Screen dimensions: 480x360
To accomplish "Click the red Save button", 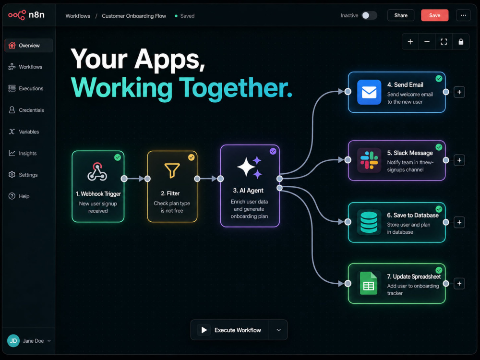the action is (x=434, y=15).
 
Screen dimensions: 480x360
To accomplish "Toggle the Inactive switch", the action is (x=369, y=15).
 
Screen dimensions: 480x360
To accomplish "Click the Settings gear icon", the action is (x=12, y=175).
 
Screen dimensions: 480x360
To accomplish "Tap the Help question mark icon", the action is (x=12, y=196).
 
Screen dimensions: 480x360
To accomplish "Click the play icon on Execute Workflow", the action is (x=204, y=330).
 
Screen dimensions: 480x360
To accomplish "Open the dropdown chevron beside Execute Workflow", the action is (x=278, y=330).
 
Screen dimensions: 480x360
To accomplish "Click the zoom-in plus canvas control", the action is (x=410, y=42).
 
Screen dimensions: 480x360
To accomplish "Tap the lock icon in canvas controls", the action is (x=461, y=42).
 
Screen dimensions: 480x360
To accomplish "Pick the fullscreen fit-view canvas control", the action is (x=444, y=42).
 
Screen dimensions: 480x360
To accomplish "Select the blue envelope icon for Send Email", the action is (x=369, y=92).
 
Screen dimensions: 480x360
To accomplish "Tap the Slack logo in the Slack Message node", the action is (x=369, y=160).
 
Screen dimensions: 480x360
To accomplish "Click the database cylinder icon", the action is (x=369, y=222).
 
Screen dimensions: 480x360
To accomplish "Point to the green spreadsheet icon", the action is (x=369, y=283).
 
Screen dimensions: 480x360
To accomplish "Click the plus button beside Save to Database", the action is (x=459, y=222).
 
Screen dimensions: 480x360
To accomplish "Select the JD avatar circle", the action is (x=13, y=341).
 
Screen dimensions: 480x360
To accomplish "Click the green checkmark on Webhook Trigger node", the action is (x=118, y=157).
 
